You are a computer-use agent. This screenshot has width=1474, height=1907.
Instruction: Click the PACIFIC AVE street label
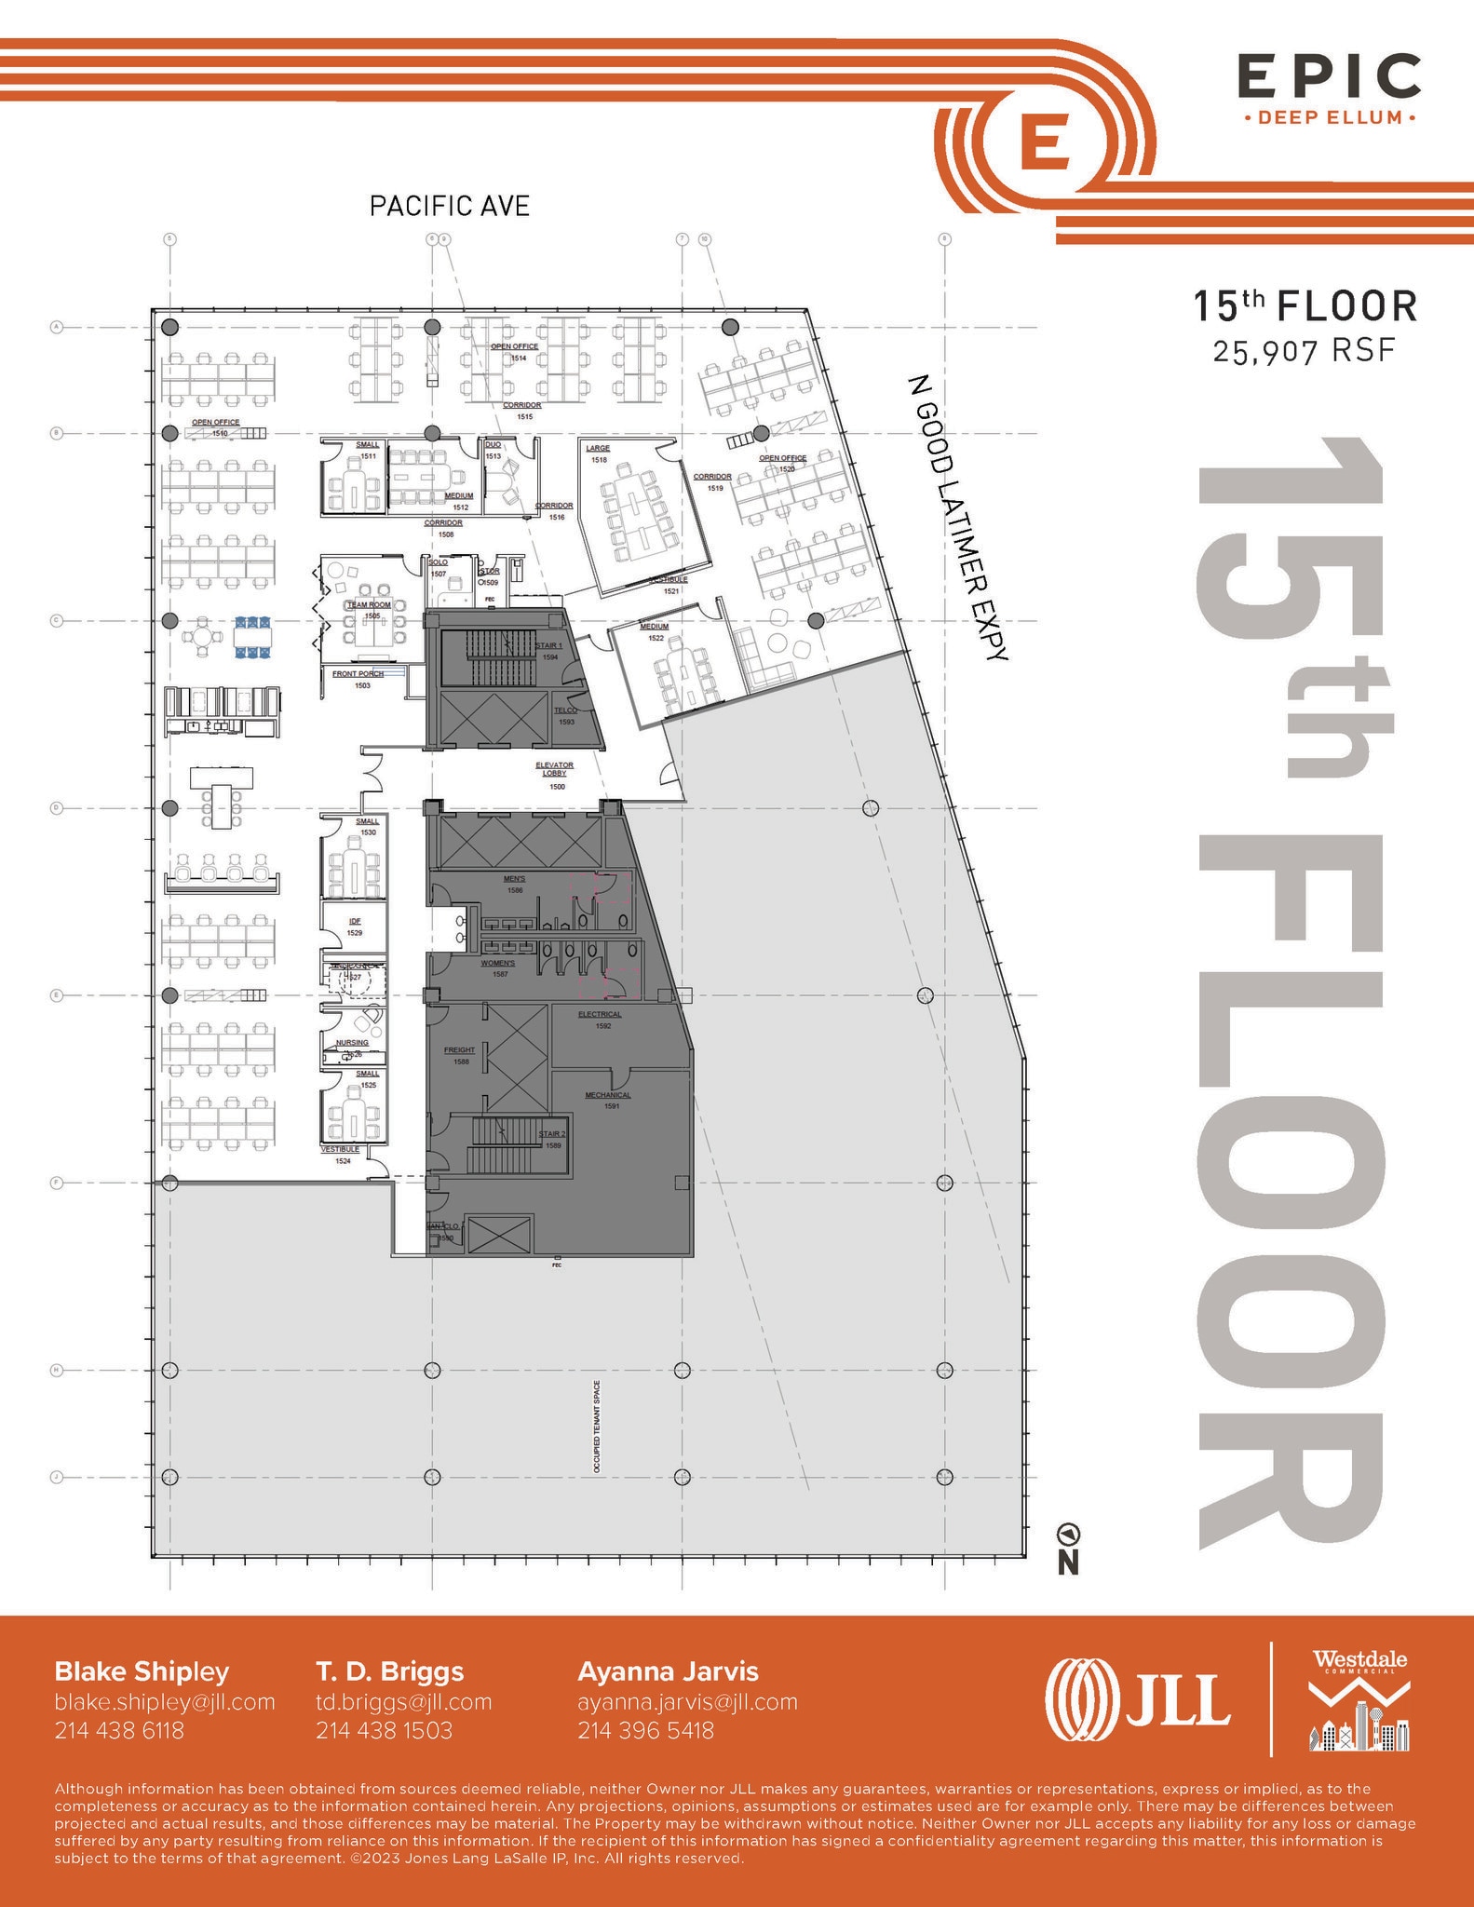point(449,206)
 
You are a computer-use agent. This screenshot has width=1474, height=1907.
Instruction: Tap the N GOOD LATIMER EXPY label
point(957,517)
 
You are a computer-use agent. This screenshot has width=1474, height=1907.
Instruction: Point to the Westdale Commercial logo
point(1359,1699)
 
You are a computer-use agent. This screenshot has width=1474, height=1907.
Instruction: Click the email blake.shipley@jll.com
point(165,1701)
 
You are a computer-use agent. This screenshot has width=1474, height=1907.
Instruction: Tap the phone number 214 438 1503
point(384,1730)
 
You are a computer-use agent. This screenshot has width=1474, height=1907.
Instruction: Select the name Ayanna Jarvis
point(668,1671)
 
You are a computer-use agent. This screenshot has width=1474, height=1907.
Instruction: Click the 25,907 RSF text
point(1304,351)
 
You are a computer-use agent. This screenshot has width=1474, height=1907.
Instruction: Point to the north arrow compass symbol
point(1068,1533)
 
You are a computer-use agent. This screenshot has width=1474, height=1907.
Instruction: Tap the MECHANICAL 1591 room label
point(608,1100)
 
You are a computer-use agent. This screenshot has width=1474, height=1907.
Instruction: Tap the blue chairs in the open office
point(251,637)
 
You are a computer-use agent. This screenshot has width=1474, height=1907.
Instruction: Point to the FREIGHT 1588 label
point(460,1055)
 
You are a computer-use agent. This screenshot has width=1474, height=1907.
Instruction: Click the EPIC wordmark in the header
point(1328,77)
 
